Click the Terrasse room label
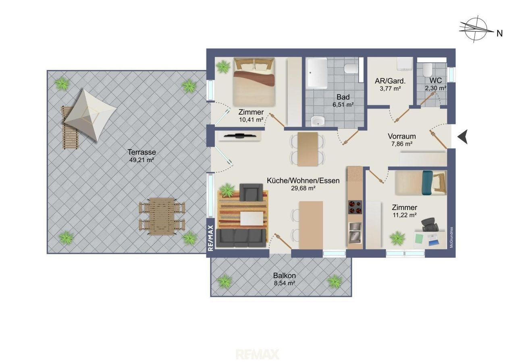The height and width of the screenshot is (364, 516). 141,152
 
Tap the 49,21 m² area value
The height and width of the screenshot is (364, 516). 141,160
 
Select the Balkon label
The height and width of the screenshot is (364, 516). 285,275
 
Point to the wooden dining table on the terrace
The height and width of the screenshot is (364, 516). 162,216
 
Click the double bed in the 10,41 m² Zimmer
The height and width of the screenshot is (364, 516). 254,82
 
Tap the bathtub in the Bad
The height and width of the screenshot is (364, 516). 317,73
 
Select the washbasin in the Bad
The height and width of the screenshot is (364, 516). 318,121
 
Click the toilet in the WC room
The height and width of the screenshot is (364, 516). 427,70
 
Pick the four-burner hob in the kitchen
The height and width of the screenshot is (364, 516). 355,207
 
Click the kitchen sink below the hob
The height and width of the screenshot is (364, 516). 355,233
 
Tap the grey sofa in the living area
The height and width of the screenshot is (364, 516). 241,238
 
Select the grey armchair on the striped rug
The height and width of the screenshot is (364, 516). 251,192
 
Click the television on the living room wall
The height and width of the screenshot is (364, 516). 240,136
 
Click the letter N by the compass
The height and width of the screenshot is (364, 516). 499,33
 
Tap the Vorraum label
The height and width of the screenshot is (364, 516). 402,136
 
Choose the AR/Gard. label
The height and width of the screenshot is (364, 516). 390,81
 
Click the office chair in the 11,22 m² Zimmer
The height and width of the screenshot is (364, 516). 430,225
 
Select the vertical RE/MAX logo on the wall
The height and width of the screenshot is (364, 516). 210,238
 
